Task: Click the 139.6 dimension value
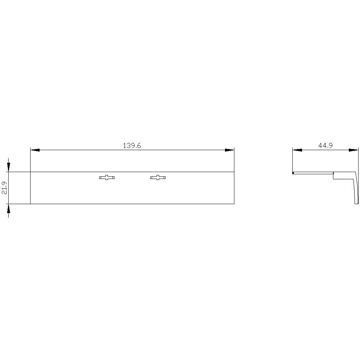(132, 145)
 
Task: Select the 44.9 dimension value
(325, 145)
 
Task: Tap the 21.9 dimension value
(5, 188)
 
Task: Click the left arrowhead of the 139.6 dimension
(35, 150)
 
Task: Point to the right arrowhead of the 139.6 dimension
(229, 150)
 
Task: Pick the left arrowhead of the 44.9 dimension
(297, 150)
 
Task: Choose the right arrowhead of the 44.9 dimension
(354, 150)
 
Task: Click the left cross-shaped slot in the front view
(107, 177)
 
